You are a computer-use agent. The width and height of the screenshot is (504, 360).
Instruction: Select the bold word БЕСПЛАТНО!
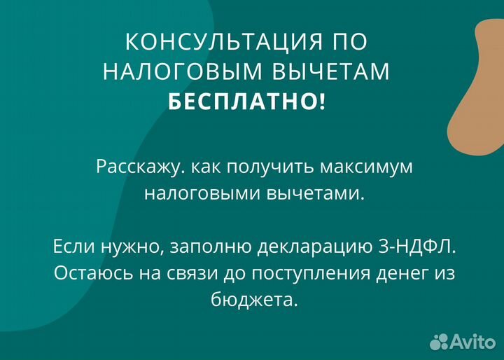[246, 103]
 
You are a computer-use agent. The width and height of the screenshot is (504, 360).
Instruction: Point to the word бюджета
[253, 300]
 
